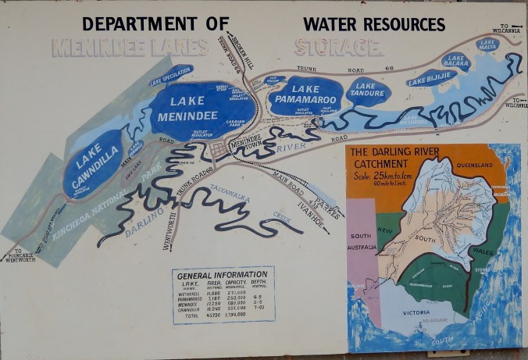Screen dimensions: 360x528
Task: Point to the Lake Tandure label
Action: tap(368, 91)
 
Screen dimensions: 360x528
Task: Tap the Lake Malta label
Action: tap(487, 44)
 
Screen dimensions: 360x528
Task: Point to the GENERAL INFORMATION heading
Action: tap(223, 276)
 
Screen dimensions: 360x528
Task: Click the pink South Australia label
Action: tap(361, 240)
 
